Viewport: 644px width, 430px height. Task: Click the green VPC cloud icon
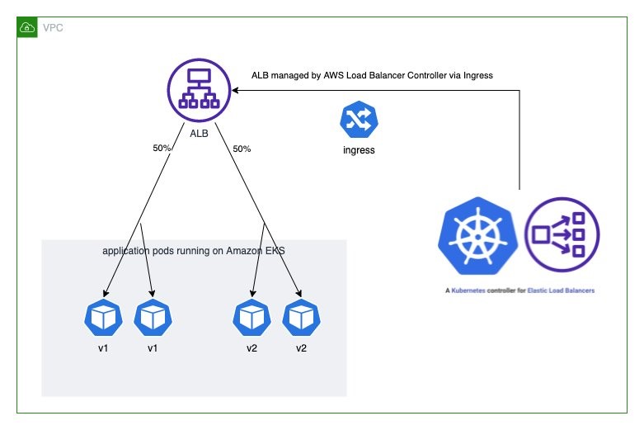click(x=28, y=27)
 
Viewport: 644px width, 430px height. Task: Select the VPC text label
click(x=51, y=28)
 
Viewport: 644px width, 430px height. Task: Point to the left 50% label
click(x=162, y=149)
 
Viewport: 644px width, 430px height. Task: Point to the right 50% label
click(x=242, y=149)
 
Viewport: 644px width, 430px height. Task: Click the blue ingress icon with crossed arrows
click(x=358, y=120)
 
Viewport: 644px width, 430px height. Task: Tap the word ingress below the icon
click(x=358, y=151)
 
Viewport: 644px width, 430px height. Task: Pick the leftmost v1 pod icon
click(x=103, y=318)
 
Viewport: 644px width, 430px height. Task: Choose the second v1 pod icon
click(x=153, y=318)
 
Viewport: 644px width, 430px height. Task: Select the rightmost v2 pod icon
click(x=301, y=318)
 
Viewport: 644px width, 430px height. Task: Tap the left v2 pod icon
click(x=252, y=318)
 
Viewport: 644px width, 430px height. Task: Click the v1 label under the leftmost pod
click(x=103, y=348)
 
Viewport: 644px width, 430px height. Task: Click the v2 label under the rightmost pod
click(x=301, y=348)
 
